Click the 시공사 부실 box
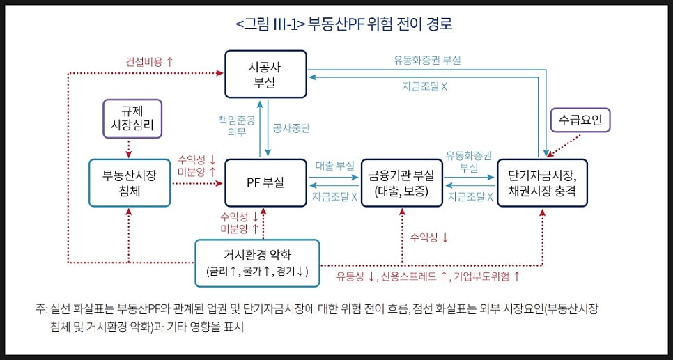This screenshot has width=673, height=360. [x=265, y=74]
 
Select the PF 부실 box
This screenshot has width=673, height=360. [x=265, y=183]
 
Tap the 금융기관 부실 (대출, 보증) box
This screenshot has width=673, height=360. [x=402, y=183]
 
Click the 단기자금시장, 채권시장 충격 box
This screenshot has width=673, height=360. [x=542, y=183]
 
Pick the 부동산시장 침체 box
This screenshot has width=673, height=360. [x=129, y=183]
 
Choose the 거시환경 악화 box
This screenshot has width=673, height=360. [x=257, y=263]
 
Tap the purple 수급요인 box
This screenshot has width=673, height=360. [x=580, y=120]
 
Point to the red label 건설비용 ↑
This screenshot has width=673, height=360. [x=149, y=62]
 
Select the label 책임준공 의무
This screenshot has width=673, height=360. [x=236, y=126]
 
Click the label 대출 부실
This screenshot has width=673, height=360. [x=335, y=165]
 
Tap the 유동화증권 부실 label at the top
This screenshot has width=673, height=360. [x=428, y=61]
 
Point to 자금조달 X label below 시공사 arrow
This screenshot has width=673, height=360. [x=424, y=86]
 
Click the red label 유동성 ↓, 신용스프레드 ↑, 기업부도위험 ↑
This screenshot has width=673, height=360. [x=428, y=276]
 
